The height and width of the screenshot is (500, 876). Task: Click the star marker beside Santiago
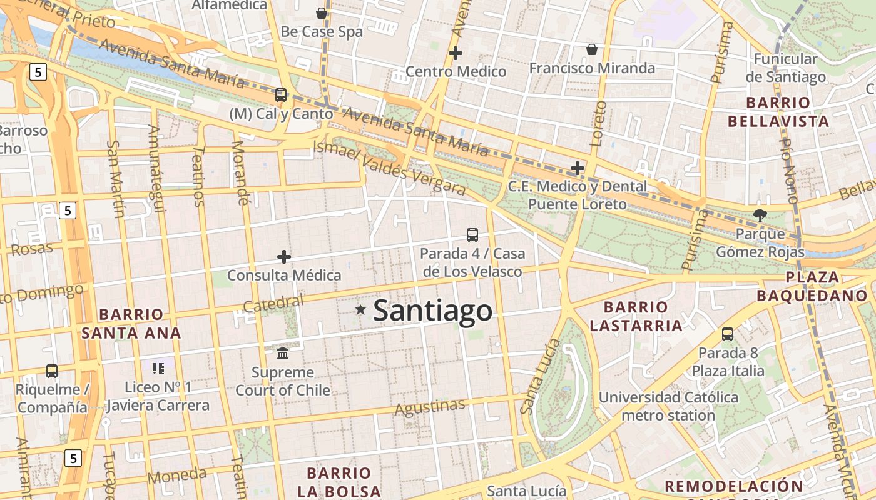tap(360, 309)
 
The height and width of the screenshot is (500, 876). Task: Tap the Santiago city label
tap(432, 311)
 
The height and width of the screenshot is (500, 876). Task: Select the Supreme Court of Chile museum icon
tap(283, 354)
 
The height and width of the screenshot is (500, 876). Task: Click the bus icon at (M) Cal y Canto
tap(281, 95)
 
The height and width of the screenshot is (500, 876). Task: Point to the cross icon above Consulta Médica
tap(284, 256)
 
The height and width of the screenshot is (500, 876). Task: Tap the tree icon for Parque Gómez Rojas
tap(760, 216)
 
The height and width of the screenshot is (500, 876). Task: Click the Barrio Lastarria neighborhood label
tap(636, 316)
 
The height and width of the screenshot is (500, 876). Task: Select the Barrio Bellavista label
tap(778, 112)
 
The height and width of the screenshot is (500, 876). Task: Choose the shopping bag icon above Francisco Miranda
tap(591, 49)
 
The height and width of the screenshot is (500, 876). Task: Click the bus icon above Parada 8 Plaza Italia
tap(728, 334)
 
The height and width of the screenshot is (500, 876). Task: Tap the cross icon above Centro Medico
tap(456, 53)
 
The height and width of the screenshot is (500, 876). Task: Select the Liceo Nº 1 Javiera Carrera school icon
tap(158, 369)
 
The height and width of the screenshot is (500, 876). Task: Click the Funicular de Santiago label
tap(785, 68)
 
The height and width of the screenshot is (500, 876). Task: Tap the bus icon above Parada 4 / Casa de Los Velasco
tap(472, 235)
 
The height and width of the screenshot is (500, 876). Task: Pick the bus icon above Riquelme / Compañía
tap(52, 371)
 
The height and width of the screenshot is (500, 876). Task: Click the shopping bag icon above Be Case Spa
tap(322, 13)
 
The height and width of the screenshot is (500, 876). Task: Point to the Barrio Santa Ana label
tap(131, 324)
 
